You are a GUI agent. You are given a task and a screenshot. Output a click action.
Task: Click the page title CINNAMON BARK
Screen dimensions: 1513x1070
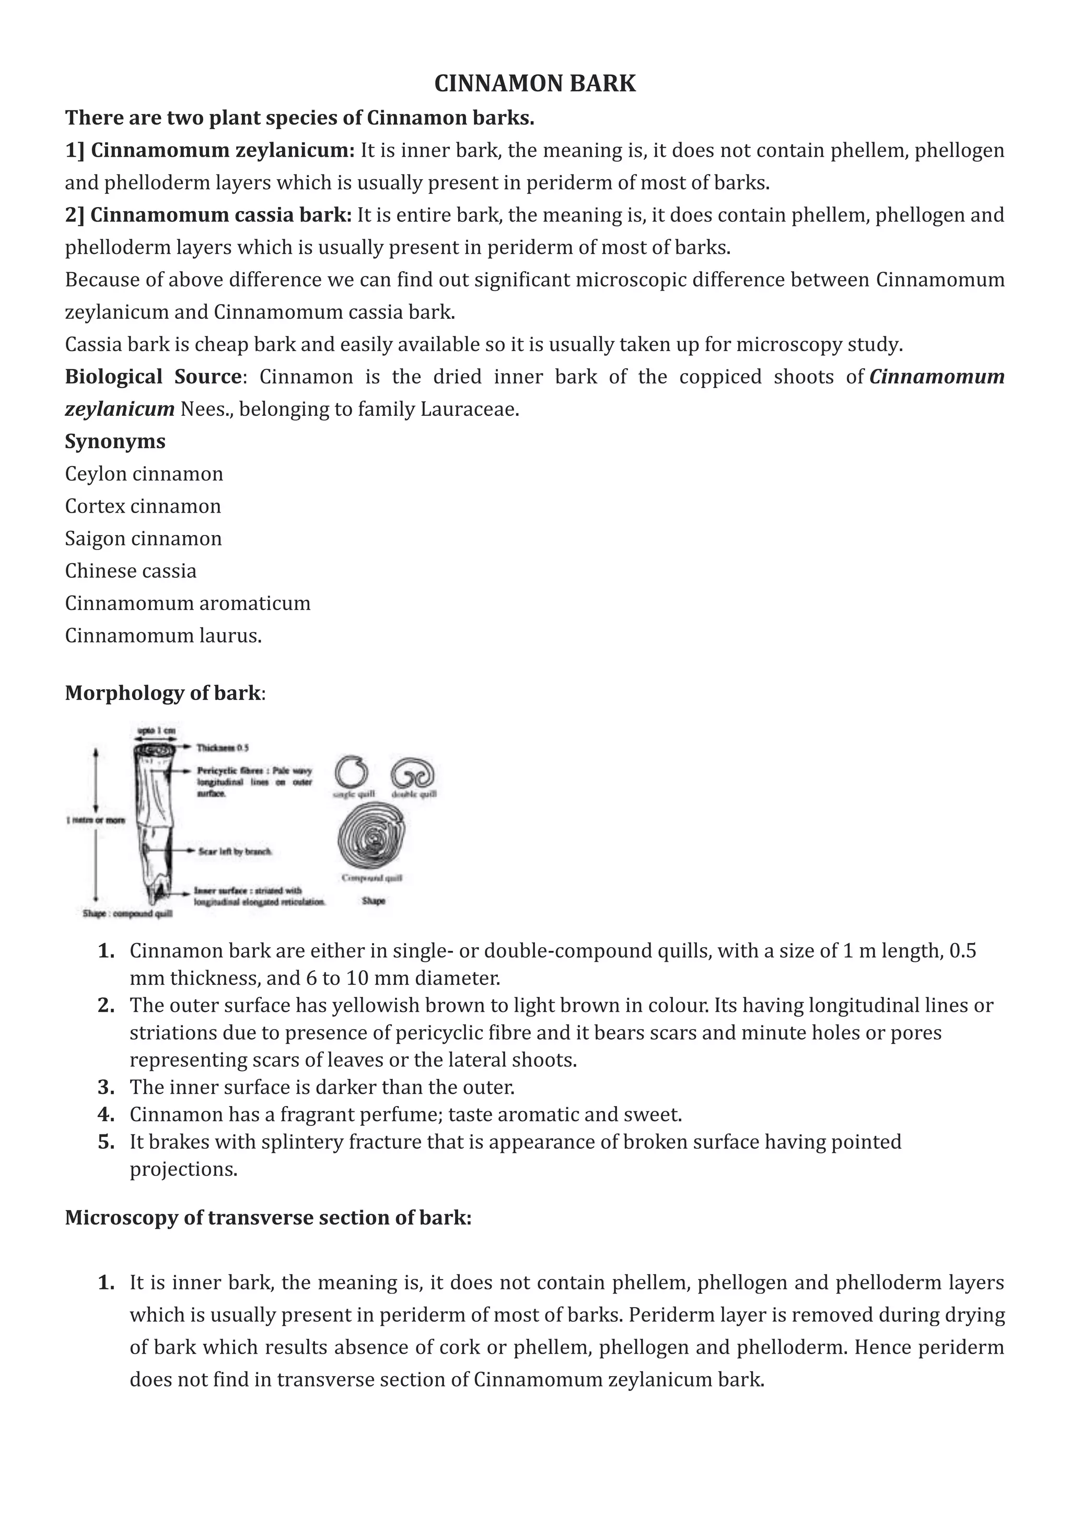click(x=534, y=84)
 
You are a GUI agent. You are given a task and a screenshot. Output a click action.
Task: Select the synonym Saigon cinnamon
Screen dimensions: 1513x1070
click(x=143, y=539)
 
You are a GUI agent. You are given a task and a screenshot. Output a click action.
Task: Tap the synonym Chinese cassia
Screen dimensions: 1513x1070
click(x=131, y=571)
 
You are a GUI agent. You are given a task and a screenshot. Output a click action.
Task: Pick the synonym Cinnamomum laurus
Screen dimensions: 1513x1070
click(x=162, y=636)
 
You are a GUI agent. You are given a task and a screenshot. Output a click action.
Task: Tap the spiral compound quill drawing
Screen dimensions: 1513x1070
click(x=371, y=840)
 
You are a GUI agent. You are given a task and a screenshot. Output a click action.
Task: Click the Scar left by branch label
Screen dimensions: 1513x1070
click(x=235, y=852)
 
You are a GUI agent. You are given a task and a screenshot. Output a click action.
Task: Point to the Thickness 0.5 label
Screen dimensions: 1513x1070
click(x=223, y=748)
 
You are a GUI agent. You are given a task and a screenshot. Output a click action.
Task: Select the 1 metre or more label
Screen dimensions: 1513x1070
click(x=95, y=820)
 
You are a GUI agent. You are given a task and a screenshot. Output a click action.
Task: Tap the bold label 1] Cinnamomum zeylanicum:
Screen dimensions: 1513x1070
click(x=210, y=150)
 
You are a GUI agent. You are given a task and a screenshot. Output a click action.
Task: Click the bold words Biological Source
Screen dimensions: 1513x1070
click(x=152, y=377)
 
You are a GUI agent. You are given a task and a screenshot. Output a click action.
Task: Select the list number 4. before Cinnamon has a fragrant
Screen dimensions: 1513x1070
click(x=106, y=1114)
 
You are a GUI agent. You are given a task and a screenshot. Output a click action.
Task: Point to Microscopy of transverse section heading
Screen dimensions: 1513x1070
click(x=267, y=1217)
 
